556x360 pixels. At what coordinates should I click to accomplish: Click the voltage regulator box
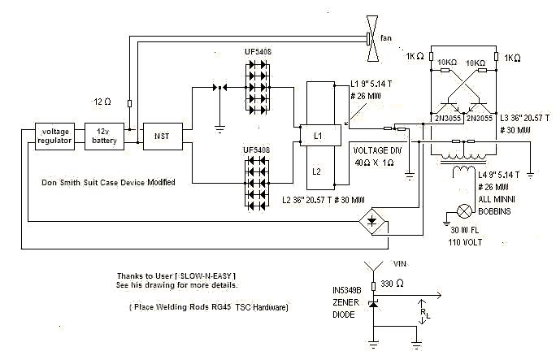pyautogui.click(x=54, y=137)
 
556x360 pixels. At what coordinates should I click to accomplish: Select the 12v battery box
pyautogui.click(x=104, y=137)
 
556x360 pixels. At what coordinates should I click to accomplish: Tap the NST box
pyautogui.click(x=163, y=137)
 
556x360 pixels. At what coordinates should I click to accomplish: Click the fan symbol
pyautogui.click(x=372, y=39)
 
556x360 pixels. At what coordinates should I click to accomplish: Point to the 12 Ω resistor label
pyautogui.click(x=102, y=102)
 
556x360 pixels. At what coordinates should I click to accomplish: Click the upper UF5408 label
pyautogui.click(x=258, y=52)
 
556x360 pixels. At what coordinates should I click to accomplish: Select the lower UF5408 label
pyautogui.click(x=256, y=150)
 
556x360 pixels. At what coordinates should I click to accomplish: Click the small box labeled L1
pyautogui.click(x=320, y=136)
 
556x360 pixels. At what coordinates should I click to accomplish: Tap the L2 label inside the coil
pyautogui.click(x=317, y=171)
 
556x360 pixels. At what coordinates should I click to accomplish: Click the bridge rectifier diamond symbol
pyautogui.click(x=372, y=222)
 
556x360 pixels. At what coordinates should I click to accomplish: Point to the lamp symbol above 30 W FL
pyautogui.click(x=464, y=211)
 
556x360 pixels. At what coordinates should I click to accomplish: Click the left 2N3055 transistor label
pyautogui.click(x=448, y=119)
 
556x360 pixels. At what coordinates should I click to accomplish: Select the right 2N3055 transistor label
pyautogui.click(x=480, y=119)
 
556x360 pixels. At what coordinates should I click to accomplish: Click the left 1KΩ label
pyautogui.click(x=415, y=56)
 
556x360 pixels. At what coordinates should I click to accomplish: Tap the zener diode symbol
pyautogui.click(x=373, y=304)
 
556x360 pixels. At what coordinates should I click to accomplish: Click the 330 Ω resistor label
pyautogui.click(x=392, y=284)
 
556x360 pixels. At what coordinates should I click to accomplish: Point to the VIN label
pyautogui.click(x=400, y=264)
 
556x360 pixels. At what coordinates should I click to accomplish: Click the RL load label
pyautogui.click(x=425, y=313)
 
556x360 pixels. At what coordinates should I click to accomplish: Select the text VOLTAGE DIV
pyautogui.click(x=378, y=150)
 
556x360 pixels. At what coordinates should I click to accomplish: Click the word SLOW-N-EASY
pyautogui.click(x=206, y=275)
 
